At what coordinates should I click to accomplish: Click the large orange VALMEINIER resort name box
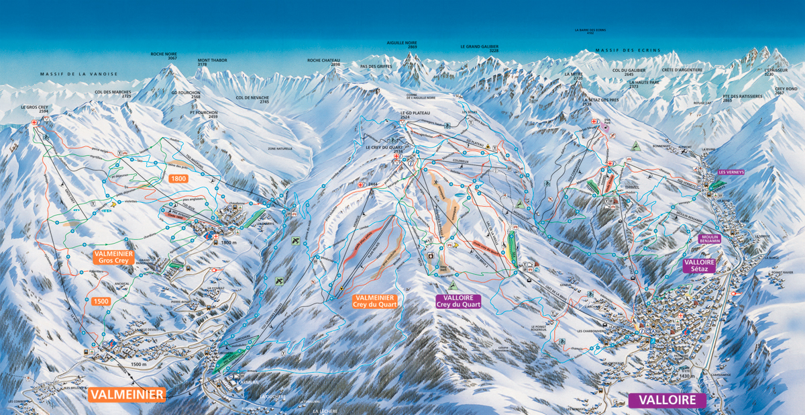127,395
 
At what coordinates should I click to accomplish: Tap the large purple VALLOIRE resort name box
667,400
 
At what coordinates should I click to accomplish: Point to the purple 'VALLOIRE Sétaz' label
699,265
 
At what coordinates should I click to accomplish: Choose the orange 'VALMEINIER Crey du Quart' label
375,301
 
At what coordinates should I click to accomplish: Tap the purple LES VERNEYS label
731,172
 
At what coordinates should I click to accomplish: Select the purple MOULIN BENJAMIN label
714,239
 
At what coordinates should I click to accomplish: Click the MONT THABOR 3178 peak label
212,62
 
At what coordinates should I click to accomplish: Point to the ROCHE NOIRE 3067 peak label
164,56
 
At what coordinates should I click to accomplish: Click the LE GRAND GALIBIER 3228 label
480,48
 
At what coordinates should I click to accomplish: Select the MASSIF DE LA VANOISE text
78,74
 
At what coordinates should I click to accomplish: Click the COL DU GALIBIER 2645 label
629,72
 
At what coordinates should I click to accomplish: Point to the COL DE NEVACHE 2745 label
252,99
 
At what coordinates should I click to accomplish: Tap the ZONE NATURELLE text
281,148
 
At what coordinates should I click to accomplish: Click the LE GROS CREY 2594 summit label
34,109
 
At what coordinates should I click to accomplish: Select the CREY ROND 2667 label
786,91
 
